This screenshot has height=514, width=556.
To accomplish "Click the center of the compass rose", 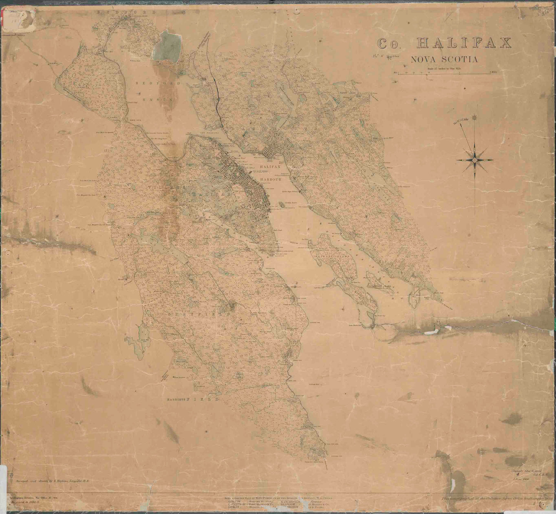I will [476, 158].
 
